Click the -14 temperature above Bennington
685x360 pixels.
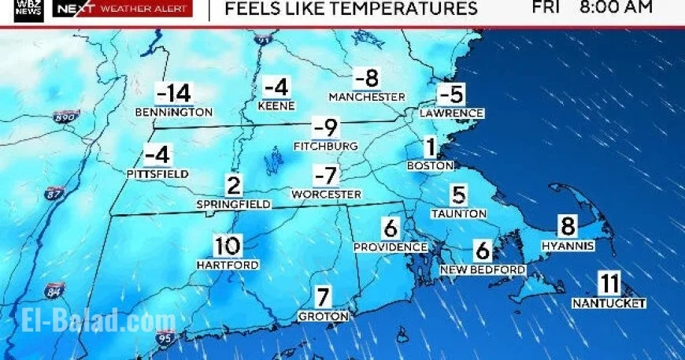point(174,94)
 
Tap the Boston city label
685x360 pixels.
point(430,165)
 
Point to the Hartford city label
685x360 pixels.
point(227,265)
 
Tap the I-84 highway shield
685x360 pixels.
point(54,289)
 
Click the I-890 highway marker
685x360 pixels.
point(66,117)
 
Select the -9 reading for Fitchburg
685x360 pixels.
point(325,127)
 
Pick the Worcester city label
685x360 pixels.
point(326,194)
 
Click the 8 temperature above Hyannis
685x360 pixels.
point(568,227)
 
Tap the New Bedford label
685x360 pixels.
point(482,270)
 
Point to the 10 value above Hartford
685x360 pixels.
point(227,246)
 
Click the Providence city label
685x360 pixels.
point(390,247)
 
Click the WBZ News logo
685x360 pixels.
point(28,9)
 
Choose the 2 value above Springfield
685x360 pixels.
point(234,187)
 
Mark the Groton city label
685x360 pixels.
point(323,316)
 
